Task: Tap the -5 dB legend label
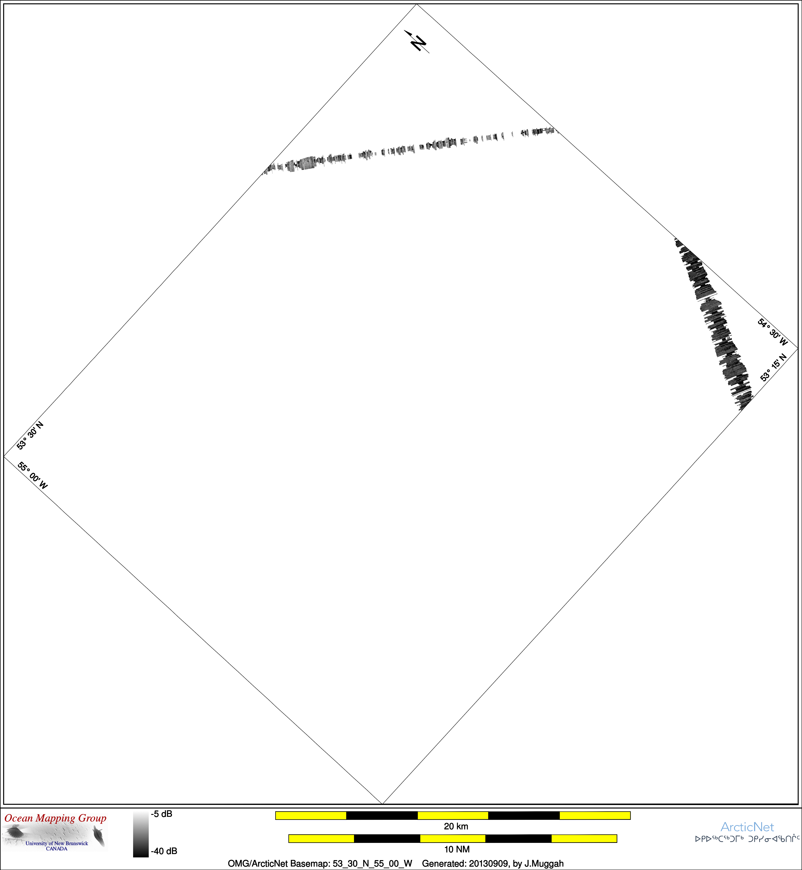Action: pos(162,814)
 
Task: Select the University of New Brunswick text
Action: pos(57,843)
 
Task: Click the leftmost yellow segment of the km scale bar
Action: pos(311,815)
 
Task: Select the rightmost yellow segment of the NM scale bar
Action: pos(584,838)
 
